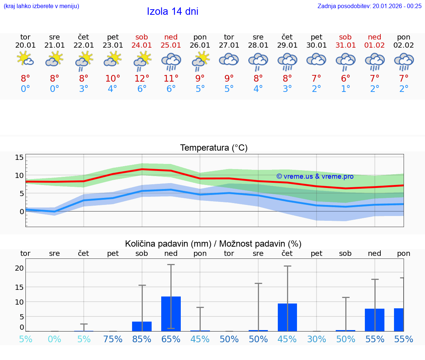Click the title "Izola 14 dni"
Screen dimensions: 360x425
tap(173, 11)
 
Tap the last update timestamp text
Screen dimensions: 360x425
tap(369, 6)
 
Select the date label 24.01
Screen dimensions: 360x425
tap(142, 45)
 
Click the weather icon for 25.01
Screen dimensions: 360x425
tap(171, 61)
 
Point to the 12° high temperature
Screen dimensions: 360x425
tap(142, 79)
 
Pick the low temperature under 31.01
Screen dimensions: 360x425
tap(346, 89)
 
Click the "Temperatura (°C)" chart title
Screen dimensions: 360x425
tap(214, 148)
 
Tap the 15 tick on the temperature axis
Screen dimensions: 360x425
tap(19, 158)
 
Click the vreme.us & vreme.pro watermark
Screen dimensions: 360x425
tap(315, 176)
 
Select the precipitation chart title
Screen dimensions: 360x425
tap(213, 244)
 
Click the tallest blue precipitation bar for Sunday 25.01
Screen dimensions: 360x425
tap(171, 313)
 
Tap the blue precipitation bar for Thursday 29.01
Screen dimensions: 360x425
tap(287, 317)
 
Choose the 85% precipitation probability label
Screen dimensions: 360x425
tap(142, 339)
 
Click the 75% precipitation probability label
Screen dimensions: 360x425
tap(113, 339)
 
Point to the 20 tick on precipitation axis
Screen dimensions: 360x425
tap(19, 268)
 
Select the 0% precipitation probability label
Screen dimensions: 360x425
tap(55, 339)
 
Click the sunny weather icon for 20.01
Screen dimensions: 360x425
tap(25, 59)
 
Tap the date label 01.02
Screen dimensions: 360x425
tap(375, 45)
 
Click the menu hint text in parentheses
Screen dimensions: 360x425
tap(41, 6)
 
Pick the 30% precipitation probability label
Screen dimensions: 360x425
tap(317, 339)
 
